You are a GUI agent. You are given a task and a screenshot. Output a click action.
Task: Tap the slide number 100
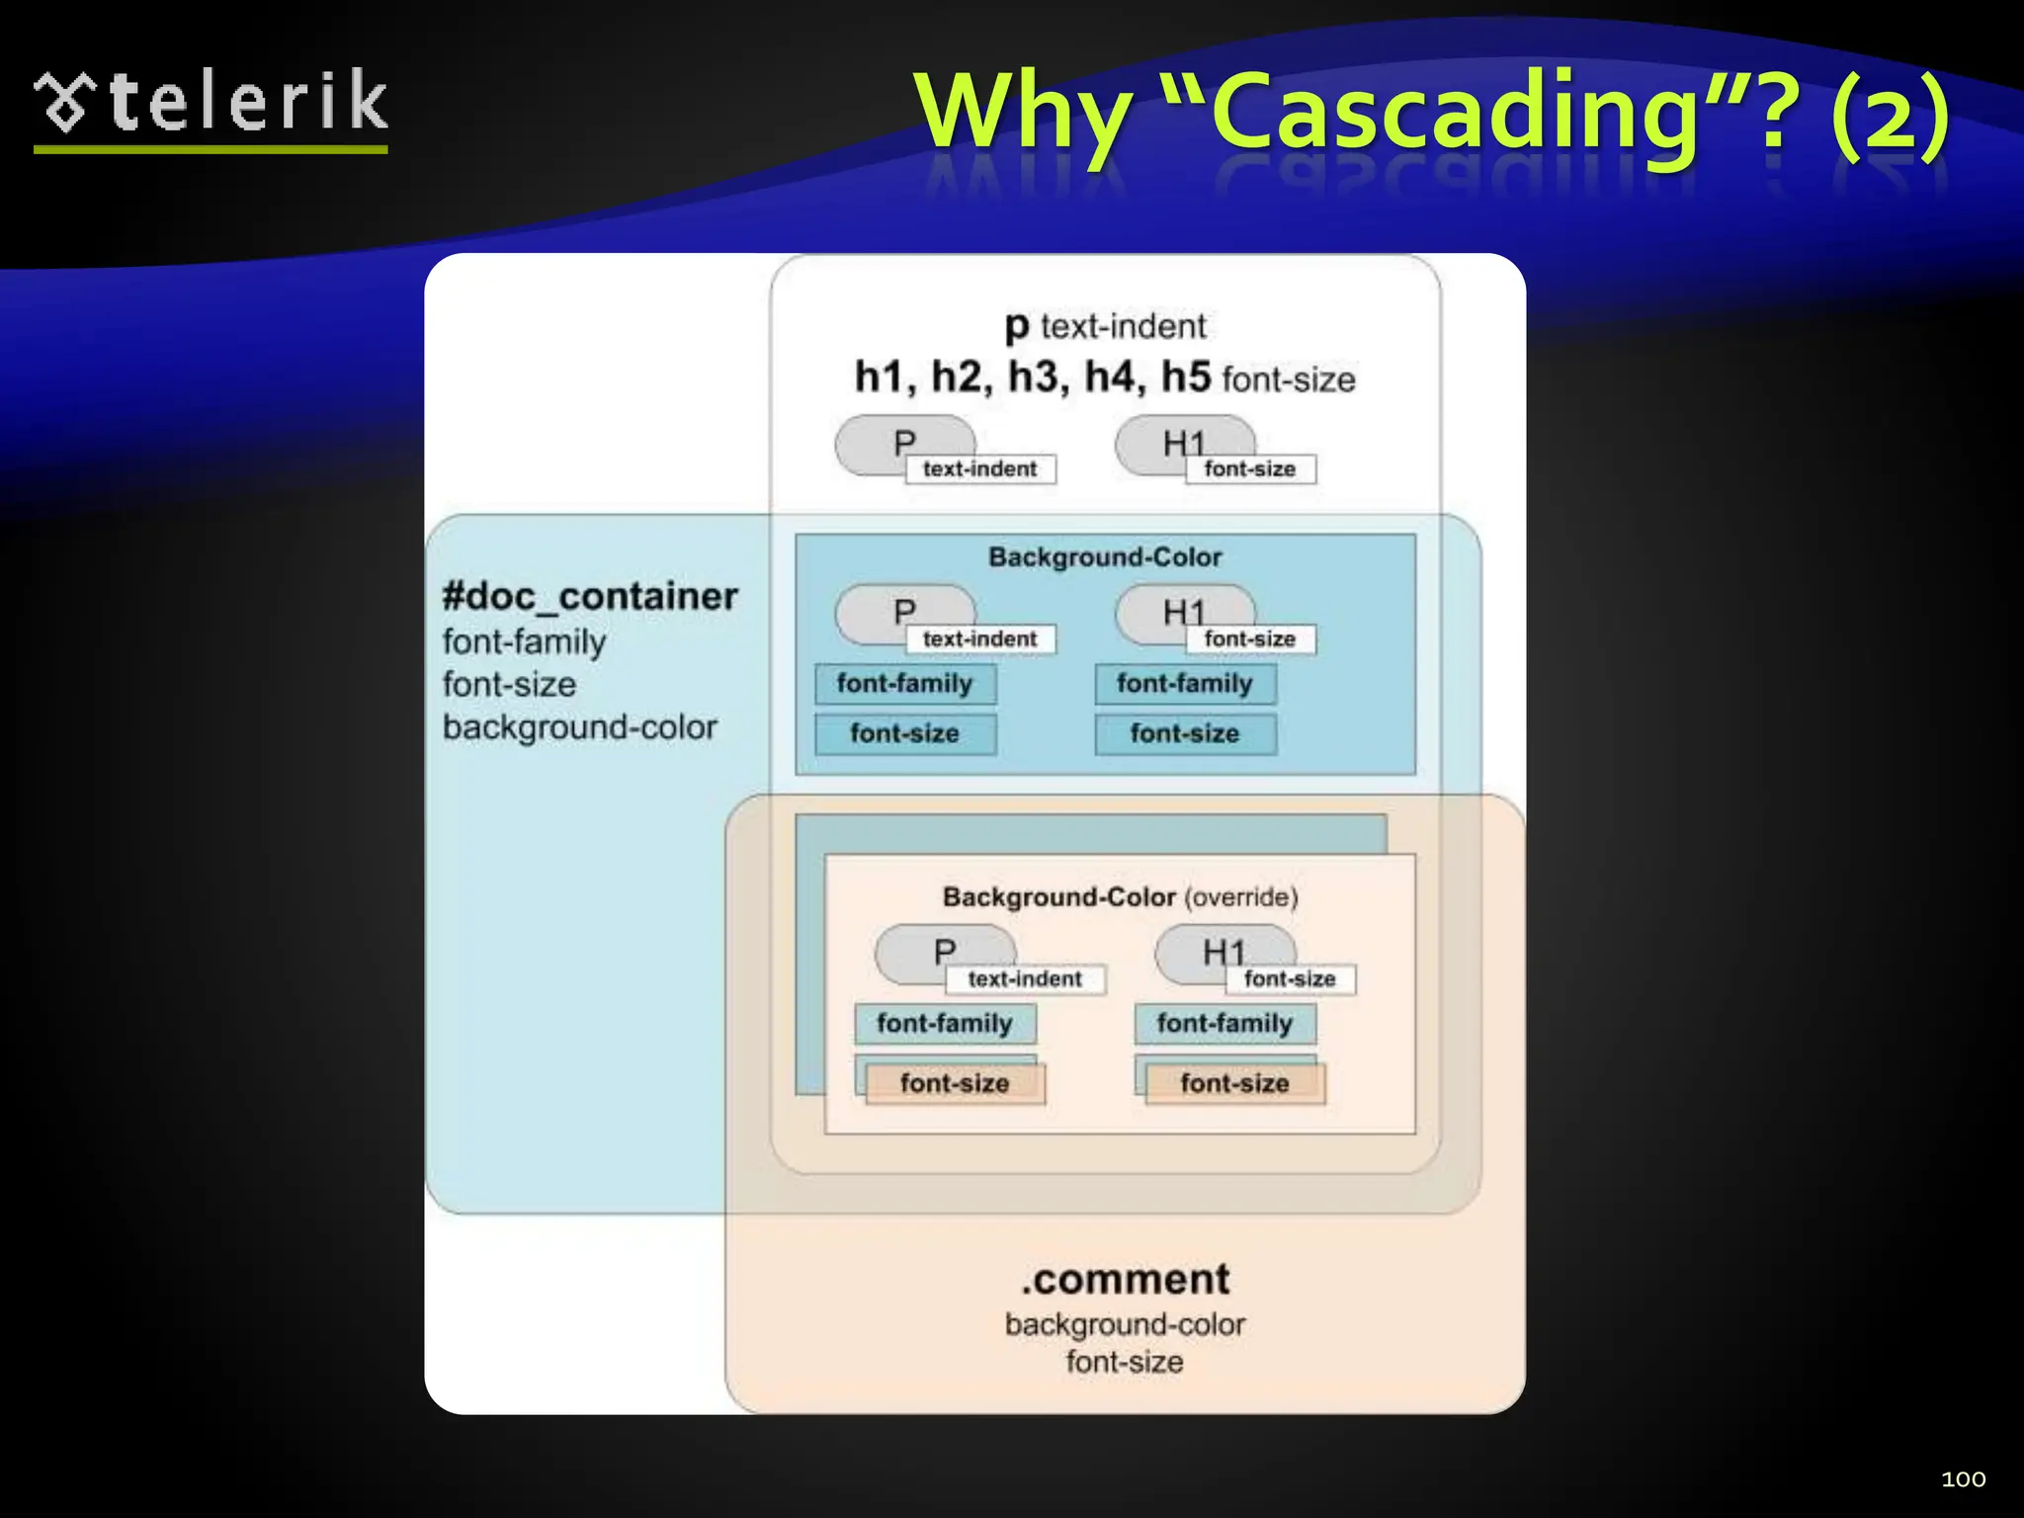click(1963, 1478)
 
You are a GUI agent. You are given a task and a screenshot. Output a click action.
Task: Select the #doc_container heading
click(590, 596)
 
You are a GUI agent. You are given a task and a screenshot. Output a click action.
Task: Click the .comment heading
click(1126, 1279)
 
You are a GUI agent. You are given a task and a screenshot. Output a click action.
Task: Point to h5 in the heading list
click(1185, 377)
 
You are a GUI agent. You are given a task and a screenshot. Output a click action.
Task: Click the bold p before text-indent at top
click(1016, 326)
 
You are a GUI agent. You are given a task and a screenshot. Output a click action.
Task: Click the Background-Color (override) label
click(1119, 896)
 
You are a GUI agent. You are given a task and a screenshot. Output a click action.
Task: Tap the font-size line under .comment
click(1125, 1362)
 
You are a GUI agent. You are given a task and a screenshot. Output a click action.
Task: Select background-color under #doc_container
click(579, 727)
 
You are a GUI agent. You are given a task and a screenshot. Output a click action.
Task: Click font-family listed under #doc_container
click(524, 642)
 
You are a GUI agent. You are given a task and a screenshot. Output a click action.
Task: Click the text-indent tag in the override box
click(1025, 978)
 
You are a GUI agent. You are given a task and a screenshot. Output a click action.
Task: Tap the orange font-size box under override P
click(955, 1083)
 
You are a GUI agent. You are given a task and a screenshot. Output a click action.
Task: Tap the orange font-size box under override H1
click(1234, 1083)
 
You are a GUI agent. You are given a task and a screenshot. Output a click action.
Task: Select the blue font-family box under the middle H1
click(1185, 683)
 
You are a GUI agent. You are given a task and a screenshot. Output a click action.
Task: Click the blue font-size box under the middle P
click(904, 733)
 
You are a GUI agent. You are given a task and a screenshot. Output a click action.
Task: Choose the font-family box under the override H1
click(1224, 1023)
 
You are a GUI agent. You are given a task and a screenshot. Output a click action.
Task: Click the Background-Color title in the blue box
click(1105, 557)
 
